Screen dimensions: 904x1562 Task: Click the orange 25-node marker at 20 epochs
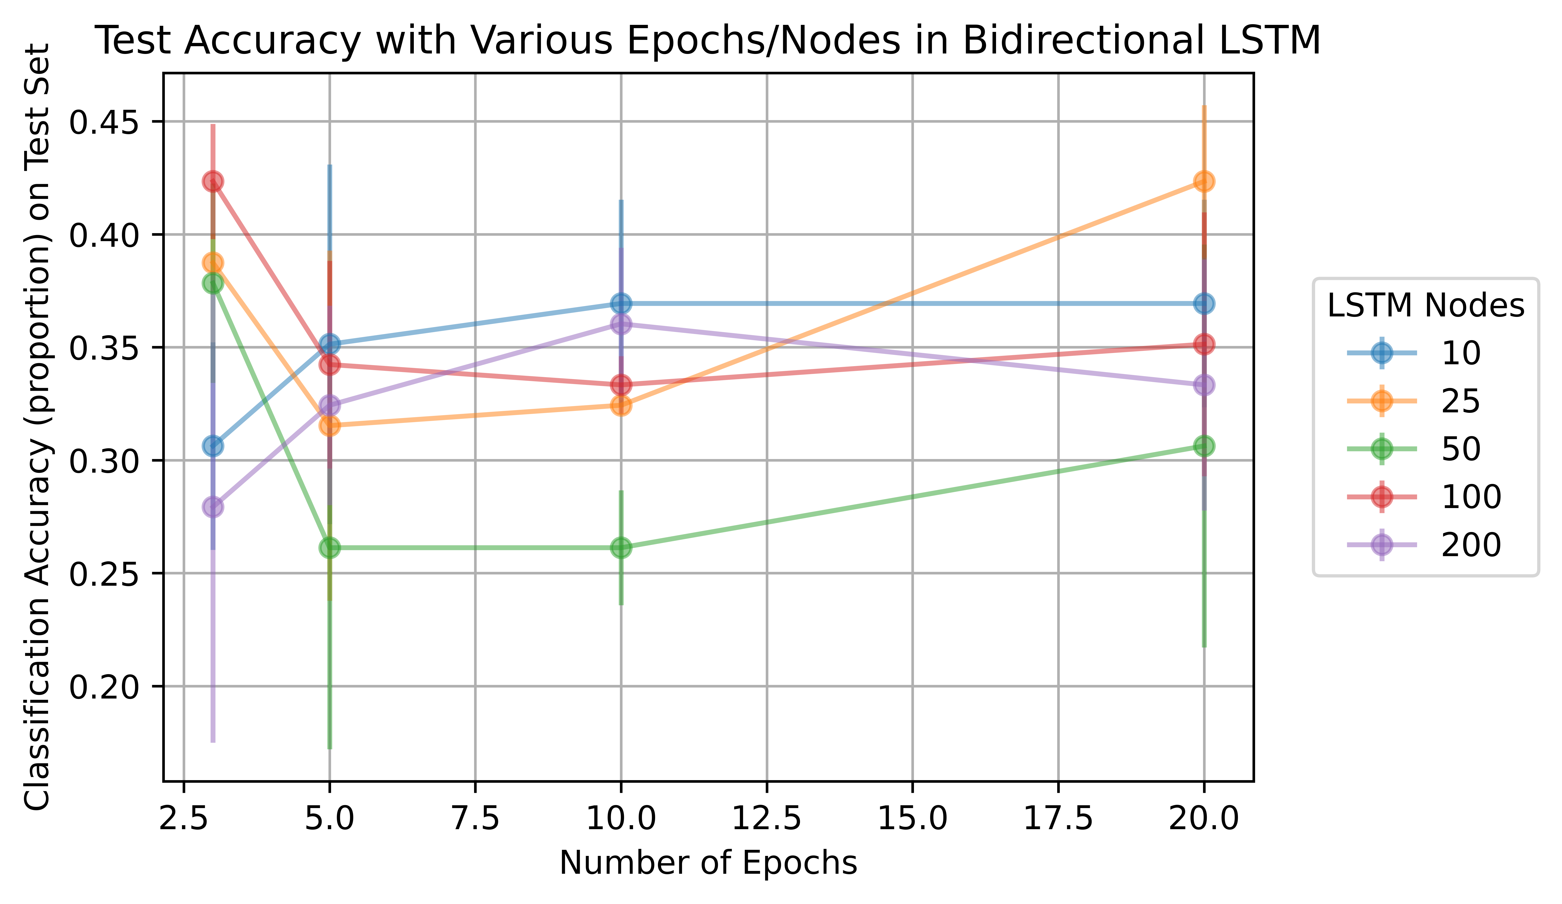click(x=1204, y=182)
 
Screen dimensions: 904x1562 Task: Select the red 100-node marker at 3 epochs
click(x=213, y=182)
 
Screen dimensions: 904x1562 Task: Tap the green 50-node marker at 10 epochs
click(x=621, y=547)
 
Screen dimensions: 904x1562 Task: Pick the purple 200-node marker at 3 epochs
click(x=213, y=507)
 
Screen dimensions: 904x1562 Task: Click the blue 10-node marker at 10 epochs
click(x=621, y=304)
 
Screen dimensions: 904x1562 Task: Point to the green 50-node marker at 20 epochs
click(x=1204, y=446)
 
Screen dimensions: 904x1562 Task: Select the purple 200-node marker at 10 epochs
click(x=621, y=324)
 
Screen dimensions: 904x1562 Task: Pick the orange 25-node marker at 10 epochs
click(x=621, y=406)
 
